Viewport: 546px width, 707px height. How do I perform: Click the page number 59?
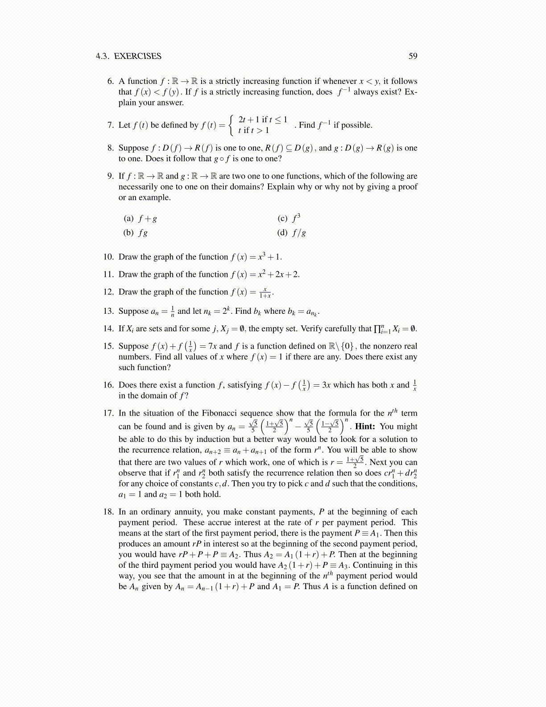pyautogui.click(x=413, y=56)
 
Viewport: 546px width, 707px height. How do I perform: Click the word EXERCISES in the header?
pyautogui.click(x=137, y=56)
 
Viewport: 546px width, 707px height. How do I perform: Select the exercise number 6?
pyautogui.click(x=110, y=81)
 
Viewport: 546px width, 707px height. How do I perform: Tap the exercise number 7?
pyautogui.click(x=110, y=125)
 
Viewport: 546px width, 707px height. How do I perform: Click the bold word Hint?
pyautogui.click(x=365, y=426)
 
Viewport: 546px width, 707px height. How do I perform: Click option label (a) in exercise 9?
pyautogui.click(x=128, y=218)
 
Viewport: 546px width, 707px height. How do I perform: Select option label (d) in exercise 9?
pyautogui.click(x=282, y=233)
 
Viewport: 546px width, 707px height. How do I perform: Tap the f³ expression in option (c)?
pyautogui.click(x=296, y=218)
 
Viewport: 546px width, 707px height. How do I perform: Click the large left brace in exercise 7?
pyautogui.click(x=231, y=125)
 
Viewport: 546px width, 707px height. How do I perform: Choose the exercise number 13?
pyautogui.click(x=108, y=311)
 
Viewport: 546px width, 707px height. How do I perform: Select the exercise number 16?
pyautogui.click(x=108, y=385)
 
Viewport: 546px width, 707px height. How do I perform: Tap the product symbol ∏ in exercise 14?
pyautogui.click(x=377, y=329)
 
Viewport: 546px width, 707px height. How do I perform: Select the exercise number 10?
pyautogui.click(x=108, y=257)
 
